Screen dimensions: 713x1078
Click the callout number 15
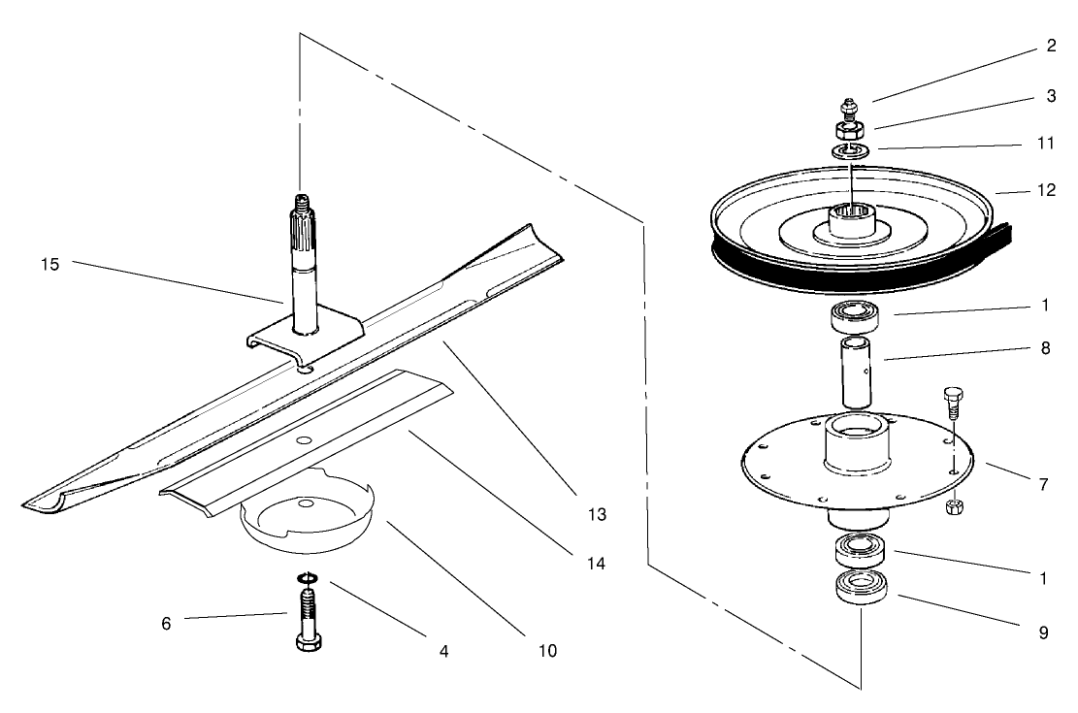pos(50,264)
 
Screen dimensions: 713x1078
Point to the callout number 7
pos(1043,484)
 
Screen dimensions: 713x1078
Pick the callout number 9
pos(1043,632)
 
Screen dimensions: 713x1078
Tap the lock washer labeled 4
pos(308,581)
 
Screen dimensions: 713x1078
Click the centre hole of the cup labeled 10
pos(306,503)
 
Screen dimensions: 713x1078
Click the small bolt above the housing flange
pos(952,401)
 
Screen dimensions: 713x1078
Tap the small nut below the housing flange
pos(952,507)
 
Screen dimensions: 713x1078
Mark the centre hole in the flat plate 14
pos(305,441)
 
